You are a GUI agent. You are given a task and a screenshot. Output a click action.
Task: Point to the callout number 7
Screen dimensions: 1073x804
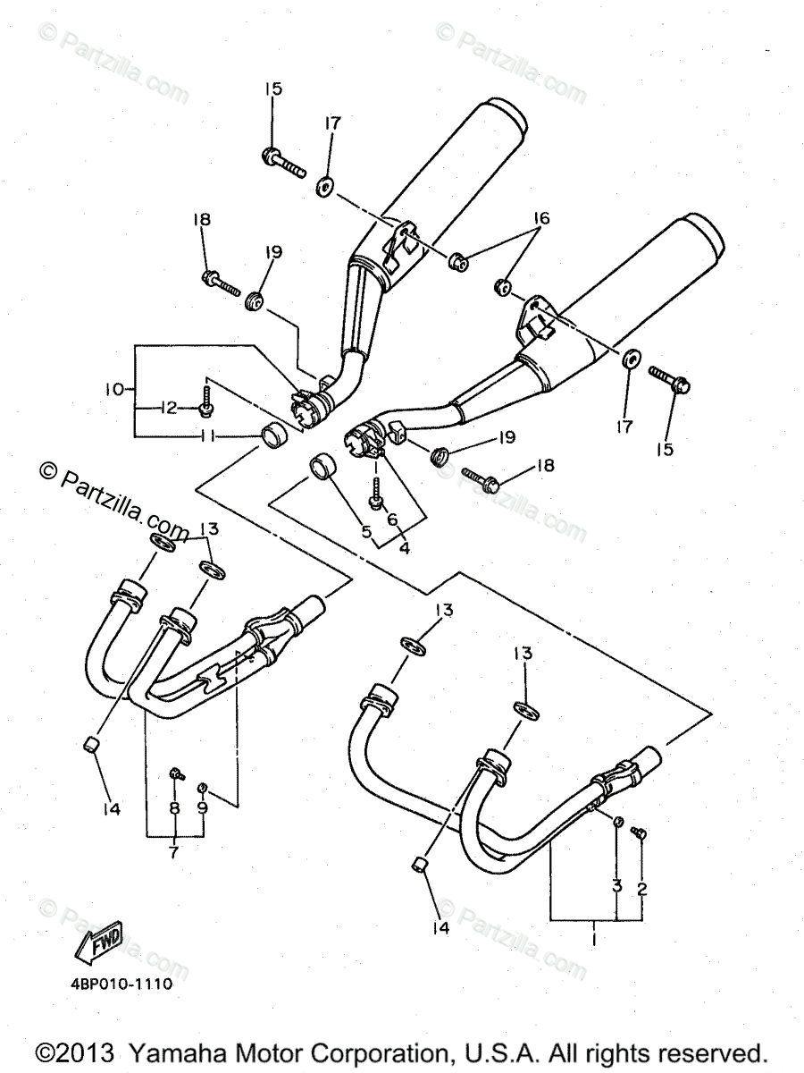173,852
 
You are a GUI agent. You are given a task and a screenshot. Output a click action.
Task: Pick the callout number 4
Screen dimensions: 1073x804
404,548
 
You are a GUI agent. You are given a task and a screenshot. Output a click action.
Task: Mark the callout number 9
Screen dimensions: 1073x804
203,807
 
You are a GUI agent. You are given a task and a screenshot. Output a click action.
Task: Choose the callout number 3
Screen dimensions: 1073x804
616,887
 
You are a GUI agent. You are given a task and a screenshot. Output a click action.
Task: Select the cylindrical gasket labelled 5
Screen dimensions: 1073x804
322,467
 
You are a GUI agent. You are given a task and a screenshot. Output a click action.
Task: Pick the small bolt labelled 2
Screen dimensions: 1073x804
639,832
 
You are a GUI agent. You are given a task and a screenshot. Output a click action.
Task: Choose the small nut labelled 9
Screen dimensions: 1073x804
203,786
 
